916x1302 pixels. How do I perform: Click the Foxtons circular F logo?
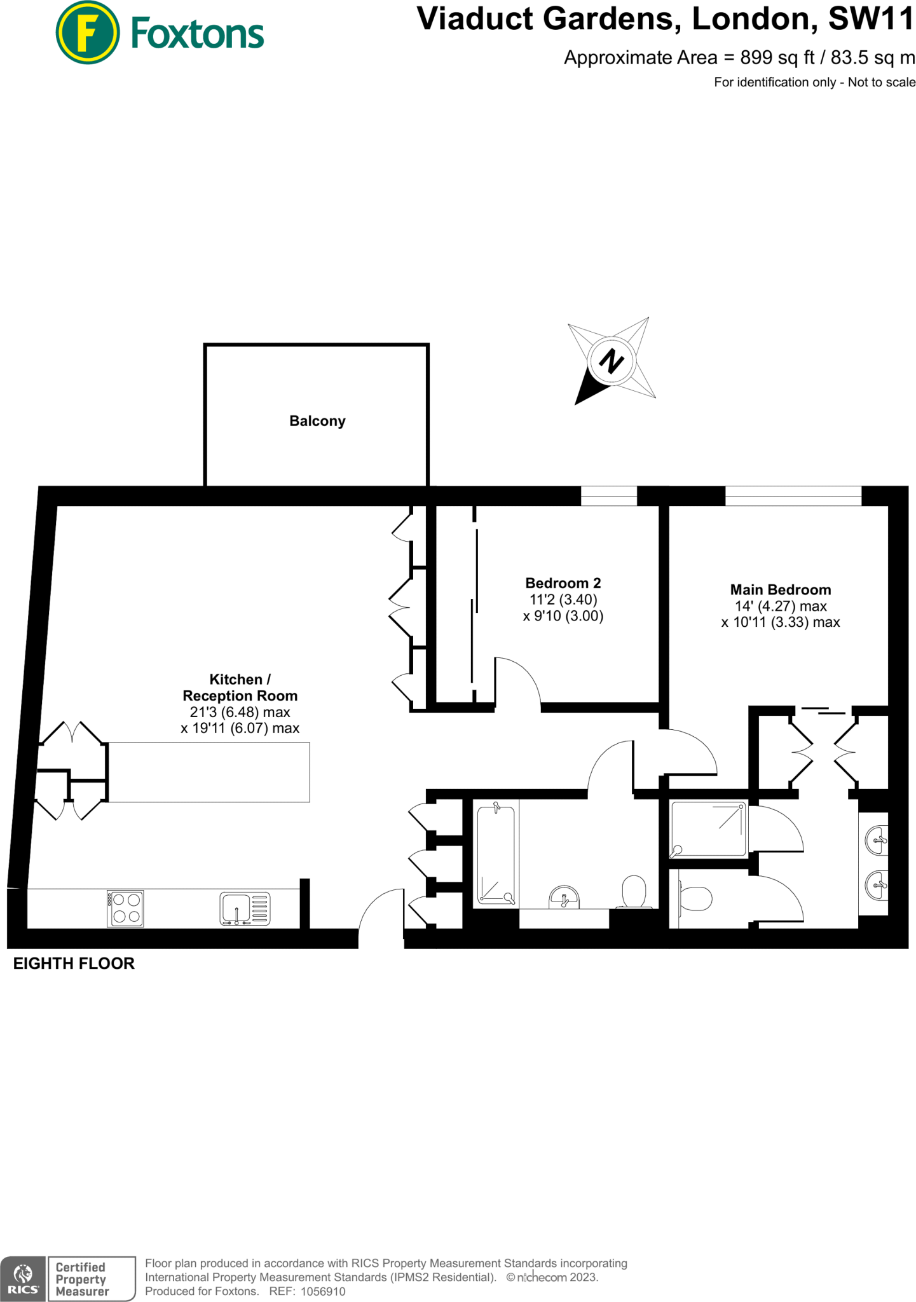click(87, 33)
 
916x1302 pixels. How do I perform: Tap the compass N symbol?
click(612, 361)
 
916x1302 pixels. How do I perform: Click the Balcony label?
click(317, 421)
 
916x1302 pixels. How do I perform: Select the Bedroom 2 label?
click(563, 583)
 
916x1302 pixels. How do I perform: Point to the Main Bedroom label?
click(780, 590)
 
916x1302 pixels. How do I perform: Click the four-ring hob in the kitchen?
click(125, 908)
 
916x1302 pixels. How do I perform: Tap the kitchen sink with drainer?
click(245, 908)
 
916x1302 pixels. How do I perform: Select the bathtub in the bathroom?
click(498, 853)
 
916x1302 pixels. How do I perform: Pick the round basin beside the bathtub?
click(564, 896)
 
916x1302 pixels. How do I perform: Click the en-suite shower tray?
click(709, 829)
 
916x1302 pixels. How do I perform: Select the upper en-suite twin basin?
click(877, 840)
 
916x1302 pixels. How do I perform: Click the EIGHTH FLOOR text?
click(74, 963)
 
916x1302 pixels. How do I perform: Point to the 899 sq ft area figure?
click(777, 58)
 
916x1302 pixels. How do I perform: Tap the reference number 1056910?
click(322, 1291)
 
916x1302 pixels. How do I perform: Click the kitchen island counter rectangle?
click(208, 772)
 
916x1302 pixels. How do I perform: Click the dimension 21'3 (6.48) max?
click(240, 712)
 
